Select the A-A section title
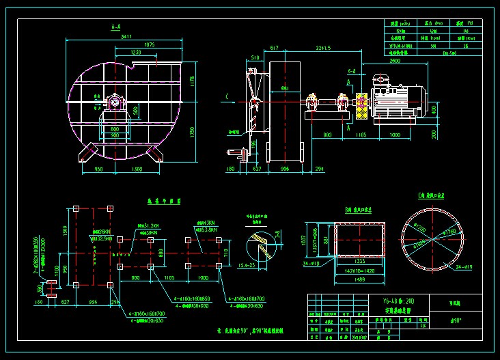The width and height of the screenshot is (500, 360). click(116, 27)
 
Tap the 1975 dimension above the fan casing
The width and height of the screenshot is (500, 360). click(150, 44)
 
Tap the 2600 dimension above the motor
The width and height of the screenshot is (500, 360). click(395, 61)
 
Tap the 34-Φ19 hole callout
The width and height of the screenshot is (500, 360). click(311, 262)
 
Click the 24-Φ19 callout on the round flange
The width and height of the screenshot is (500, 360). click(444, 266)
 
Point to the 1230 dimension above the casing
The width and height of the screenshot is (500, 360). click(136, 52)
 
